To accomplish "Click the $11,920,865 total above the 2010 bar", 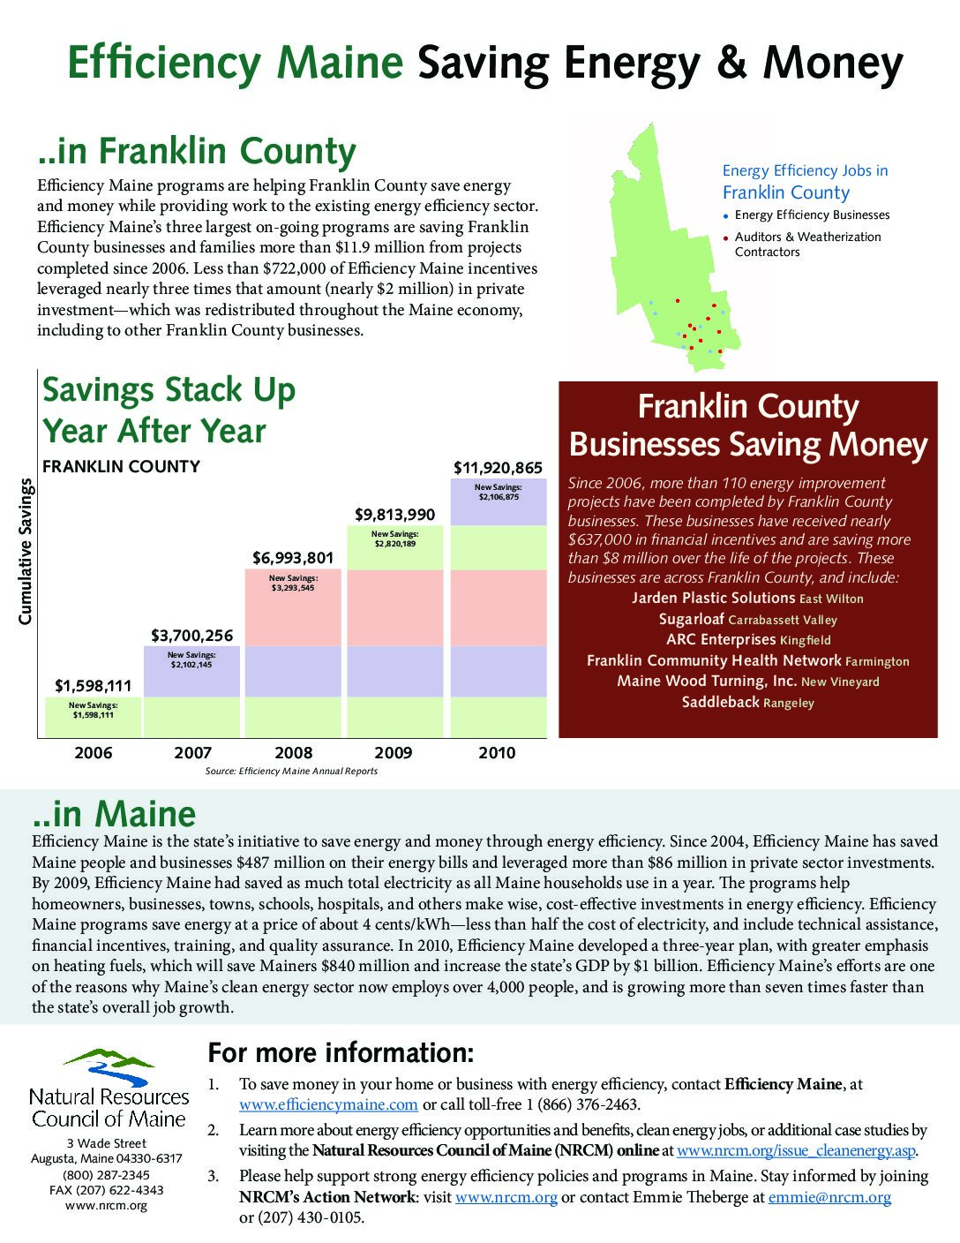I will [498, 468].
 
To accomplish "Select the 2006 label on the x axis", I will [94, 753].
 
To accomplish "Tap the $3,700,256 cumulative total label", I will [191, 636].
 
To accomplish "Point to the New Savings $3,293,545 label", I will [293, 583].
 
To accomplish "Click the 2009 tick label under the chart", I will [394, 753].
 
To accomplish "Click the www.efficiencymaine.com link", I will [328, 1104].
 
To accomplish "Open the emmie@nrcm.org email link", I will [829, 1197].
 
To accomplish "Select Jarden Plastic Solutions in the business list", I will [714, 598].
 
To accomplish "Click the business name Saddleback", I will [720, 702].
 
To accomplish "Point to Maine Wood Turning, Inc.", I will [707, 681].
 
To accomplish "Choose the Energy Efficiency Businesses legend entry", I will [812, 215].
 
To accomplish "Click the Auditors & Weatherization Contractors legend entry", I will [807, 245].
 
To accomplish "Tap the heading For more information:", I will [341, 1053].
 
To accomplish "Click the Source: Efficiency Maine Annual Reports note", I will [291, 772].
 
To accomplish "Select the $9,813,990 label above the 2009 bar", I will [394, 515].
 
